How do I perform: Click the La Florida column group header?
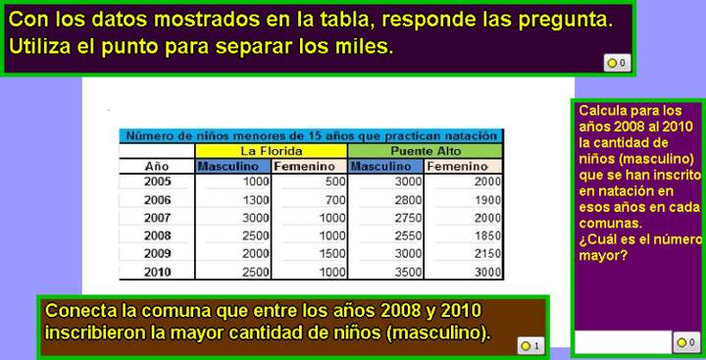coord(271,151)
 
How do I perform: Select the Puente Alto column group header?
coord(425,151)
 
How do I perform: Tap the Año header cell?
coord(157,166)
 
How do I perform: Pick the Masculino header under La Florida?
coord(233,166)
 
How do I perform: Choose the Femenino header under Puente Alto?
coord(464,166)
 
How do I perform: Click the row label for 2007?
coord(157,218)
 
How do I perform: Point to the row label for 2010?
coord(157,272)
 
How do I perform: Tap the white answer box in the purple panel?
coord(622,342)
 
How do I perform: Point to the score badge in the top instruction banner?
coord(617,64)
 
